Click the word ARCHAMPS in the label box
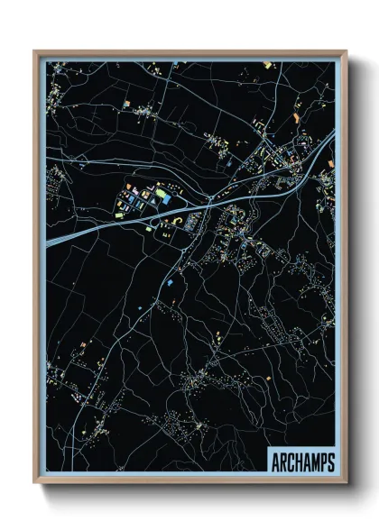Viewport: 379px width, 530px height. coord(302,463)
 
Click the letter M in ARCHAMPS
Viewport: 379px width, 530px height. coord(315,463)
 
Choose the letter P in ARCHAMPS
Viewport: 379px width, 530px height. coord(323,463)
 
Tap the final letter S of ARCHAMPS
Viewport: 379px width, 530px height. coord(330,463)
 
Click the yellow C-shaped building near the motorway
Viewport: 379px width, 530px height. coord(178,220)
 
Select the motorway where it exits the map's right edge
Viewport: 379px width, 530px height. coord(333,134)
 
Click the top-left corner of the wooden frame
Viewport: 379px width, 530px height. coord(34,50)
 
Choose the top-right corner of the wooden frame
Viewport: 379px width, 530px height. coord(347,50)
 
